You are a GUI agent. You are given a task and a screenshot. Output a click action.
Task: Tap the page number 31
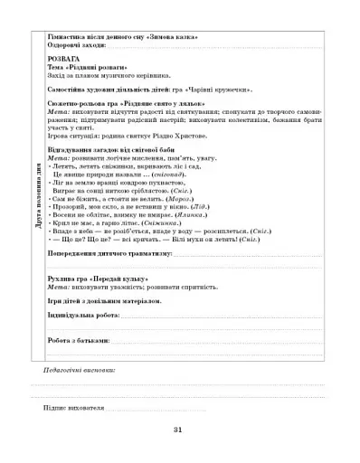[x=179, y=430]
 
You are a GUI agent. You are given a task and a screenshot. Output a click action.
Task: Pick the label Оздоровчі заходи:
[x=76, y=47]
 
